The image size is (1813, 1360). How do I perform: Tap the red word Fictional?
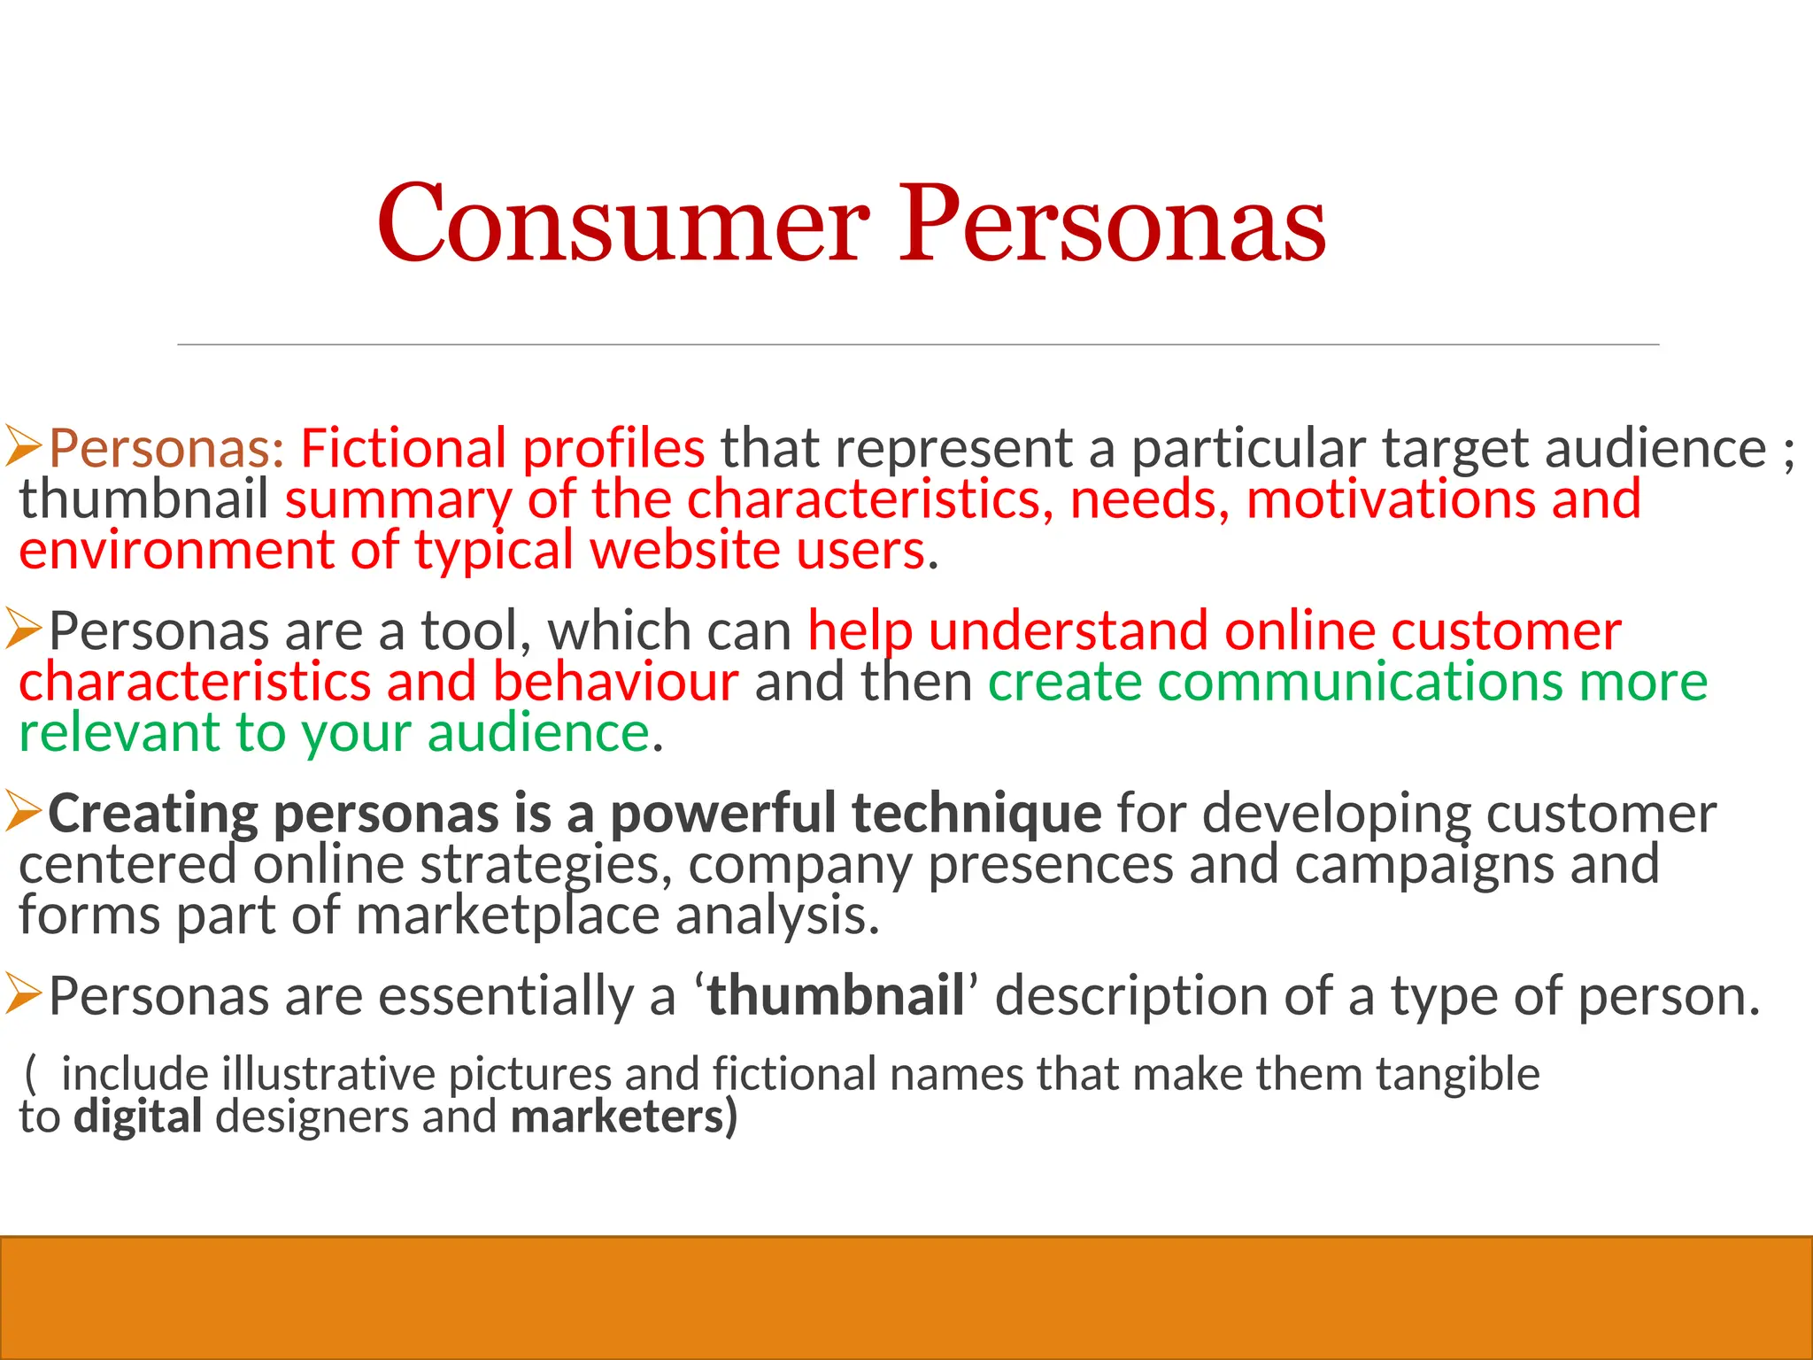click(403, 448)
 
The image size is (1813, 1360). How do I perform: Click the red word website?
click(684, 551)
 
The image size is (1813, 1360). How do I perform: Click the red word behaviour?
click(615, 683)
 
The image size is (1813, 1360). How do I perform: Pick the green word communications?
click(1361, 683)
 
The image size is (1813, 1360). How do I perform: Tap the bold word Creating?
click(152, 814)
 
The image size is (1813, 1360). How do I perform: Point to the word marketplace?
click(508, 916)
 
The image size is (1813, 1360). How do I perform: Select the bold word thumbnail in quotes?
click(836, 996)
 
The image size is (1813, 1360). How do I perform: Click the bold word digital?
click(138, 1117)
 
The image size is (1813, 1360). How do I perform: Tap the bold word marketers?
click(618, 1117)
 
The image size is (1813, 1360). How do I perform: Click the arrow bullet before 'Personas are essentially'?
click(24, 993)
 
